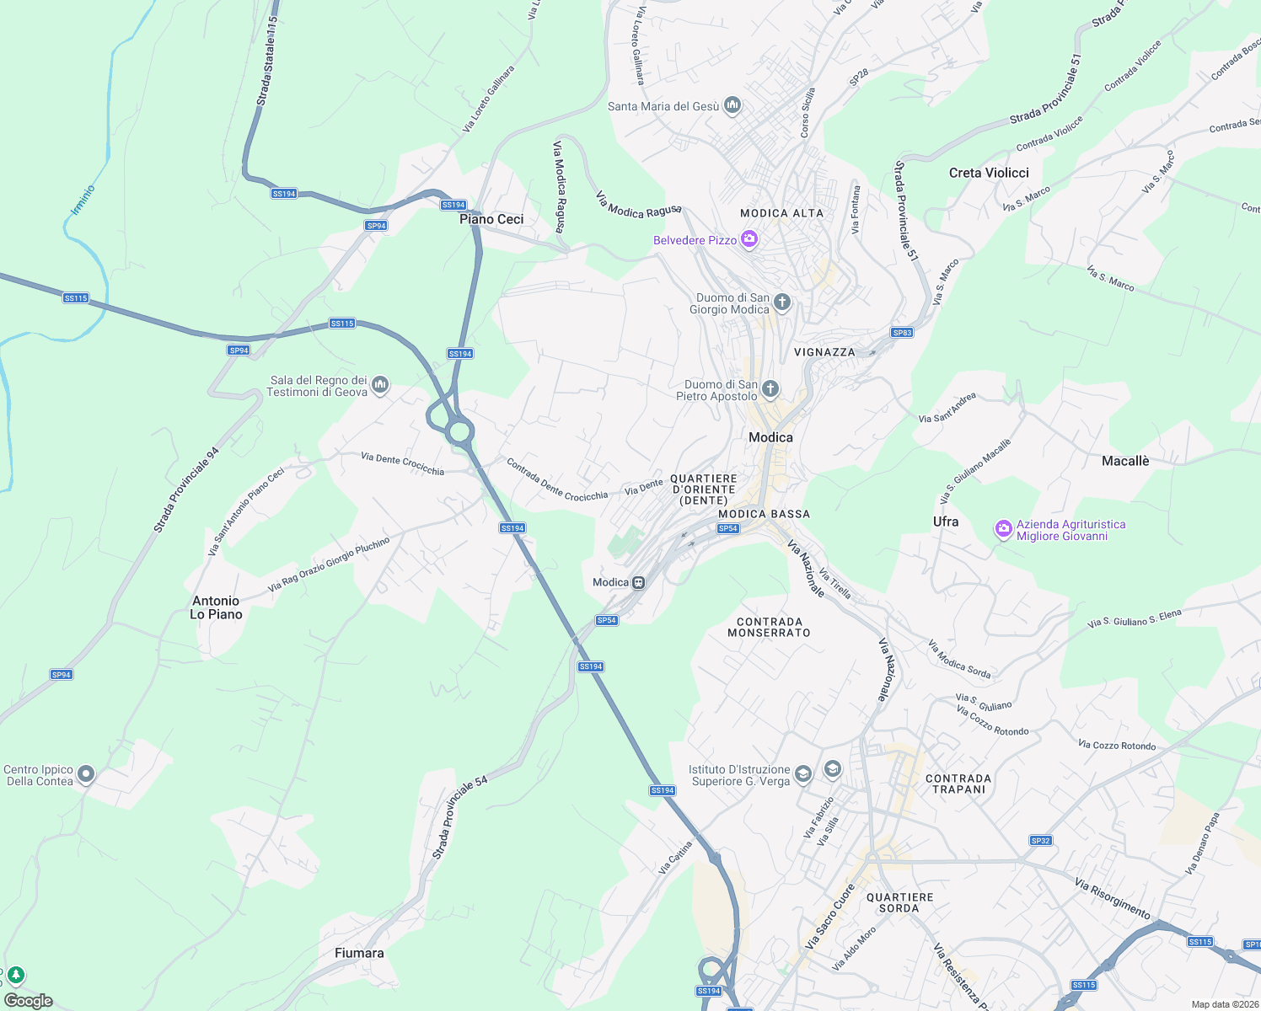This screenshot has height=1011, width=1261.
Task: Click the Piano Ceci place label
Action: (491, 219)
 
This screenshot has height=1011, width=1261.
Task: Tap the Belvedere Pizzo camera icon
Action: (749, 240)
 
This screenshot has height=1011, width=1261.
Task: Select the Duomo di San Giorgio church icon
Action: (782, 302)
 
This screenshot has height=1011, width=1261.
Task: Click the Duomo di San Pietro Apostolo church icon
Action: (770, 389)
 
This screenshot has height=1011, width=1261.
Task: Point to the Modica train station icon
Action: (639, 582)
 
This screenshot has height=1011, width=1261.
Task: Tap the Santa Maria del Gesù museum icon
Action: (732, 105)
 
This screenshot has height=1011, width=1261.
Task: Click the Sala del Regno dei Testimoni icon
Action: (380, 385)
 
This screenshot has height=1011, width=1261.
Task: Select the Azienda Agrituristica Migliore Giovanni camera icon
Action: (1003, 529)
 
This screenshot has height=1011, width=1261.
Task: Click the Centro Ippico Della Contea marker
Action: (85, 775)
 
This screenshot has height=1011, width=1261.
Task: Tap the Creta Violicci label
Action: (989, 173)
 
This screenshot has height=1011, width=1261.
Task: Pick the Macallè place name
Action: (1125, 461)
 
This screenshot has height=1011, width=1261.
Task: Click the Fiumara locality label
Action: (359, 953)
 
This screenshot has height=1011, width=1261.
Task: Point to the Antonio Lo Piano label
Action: (216, 607)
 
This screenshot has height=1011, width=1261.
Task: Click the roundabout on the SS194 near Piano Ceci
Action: (459, 432)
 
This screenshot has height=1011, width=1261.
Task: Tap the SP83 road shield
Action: (902, 333)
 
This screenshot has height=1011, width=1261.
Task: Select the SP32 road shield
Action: (1040, 841)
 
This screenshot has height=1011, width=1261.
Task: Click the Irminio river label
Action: (83, 200)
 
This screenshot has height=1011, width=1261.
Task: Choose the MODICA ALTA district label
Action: (781, 213)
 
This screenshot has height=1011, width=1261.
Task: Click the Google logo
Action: (29, 1001)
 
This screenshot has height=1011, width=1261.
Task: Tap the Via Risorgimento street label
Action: (1112, 898)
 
